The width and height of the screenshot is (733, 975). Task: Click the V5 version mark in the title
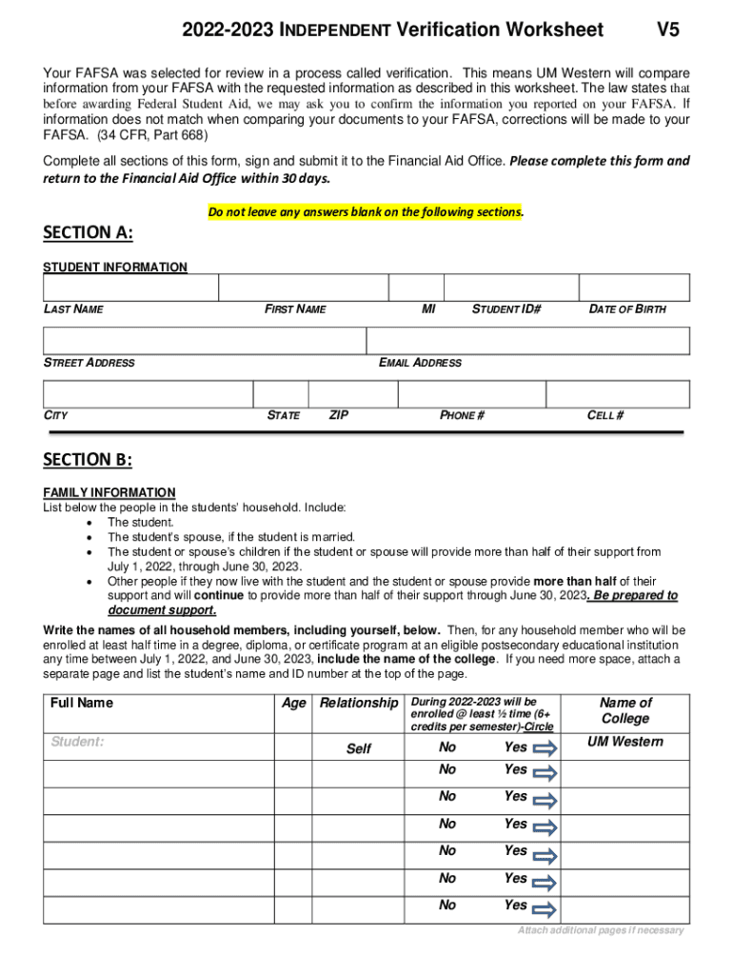click(x=668, y=30)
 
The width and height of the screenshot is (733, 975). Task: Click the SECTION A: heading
click(x=88, y=234)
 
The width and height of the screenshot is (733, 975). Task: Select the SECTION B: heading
click(x=88, y=460)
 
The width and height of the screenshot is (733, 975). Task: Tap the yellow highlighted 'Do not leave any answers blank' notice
click(x=366, y=212)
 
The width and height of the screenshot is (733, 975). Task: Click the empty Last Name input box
click(x=130, y=288)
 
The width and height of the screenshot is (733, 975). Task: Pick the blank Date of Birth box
click(x=634, y=288)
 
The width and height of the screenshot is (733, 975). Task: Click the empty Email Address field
click(x=527, y=341)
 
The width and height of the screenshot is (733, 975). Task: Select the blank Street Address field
click(x=205, y=341)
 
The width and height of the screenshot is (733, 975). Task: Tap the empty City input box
click(x=148, y=394)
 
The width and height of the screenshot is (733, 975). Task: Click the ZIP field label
click(x=338, y=415)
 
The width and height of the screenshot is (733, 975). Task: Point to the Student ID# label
click(x=506, y=308)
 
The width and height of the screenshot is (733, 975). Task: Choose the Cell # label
click(x=605, y=415)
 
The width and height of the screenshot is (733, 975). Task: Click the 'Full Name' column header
click(x=82, y=703)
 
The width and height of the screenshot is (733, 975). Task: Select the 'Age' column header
click(x=294, y=703)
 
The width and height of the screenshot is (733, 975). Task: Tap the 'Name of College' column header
click(x=625, y=710)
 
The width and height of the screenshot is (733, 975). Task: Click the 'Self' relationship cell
click(x=359, y=748)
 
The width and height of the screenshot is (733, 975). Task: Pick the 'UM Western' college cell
click(x=625, y=742)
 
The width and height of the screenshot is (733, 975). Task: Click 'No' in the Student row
click(x=447, y=747)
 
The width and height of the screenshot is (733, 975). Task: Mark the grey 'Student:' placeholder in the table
click(x=77, y=742)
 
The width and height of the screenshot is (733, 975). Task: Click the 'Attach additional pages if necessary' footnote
click(x=601, y=930)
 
